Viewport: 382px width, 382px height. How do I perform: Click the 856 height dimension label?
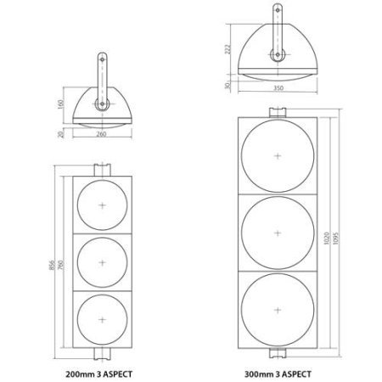click(53, 265)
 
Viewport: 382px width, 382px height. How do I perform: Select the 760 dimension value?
click(61, 265)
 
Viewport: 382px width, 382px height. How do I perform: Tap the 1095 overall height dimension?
click(336, 239)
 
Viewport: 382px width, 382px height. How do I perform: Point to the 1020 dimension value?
click(327, 239)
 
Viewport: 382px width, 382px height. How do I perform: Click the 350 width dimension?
click(278, 88)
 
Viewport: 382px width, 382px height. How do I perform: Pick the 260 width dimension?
click(101, 134)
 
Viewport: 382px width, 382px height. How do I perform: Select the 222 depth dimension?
click(228, 49)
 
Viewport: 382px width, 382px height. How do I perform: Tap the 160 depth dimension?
click(61, 104)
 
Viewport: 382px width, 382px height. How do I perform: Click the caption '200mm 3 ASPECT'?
click(99, 374)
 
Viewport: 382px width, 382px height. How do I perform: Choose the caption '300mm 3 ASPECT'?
click(278, 374)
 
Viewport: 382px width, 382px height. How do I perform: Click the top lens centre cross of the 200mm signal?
click(102, 205)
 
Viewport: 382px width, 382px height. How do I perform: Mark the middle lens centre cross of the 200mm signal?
click(102, 262)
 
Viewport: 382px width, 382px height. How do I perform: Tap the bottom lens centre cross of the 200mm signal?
click(102, 320)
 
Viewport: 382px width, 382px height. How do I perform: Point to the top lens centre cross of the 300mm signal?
click(278, 156)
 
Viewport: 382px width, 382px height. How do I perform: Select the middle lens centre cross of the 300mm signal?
click(278, 233)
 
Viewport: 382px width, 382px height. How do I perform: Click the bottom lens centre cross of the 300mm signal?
click(278, 310)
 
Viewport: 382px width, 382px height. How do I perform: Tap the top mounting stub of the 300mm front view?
click(278, 112)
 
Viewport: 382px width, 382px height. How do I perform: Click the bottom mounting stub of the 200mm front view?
click(102, 354)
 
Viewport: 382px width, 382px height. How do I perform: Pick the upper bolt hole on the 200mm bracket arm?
click(102, 59)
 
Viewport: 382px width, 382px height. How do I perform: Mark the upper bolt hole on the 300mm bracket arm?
click(278, 10)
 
